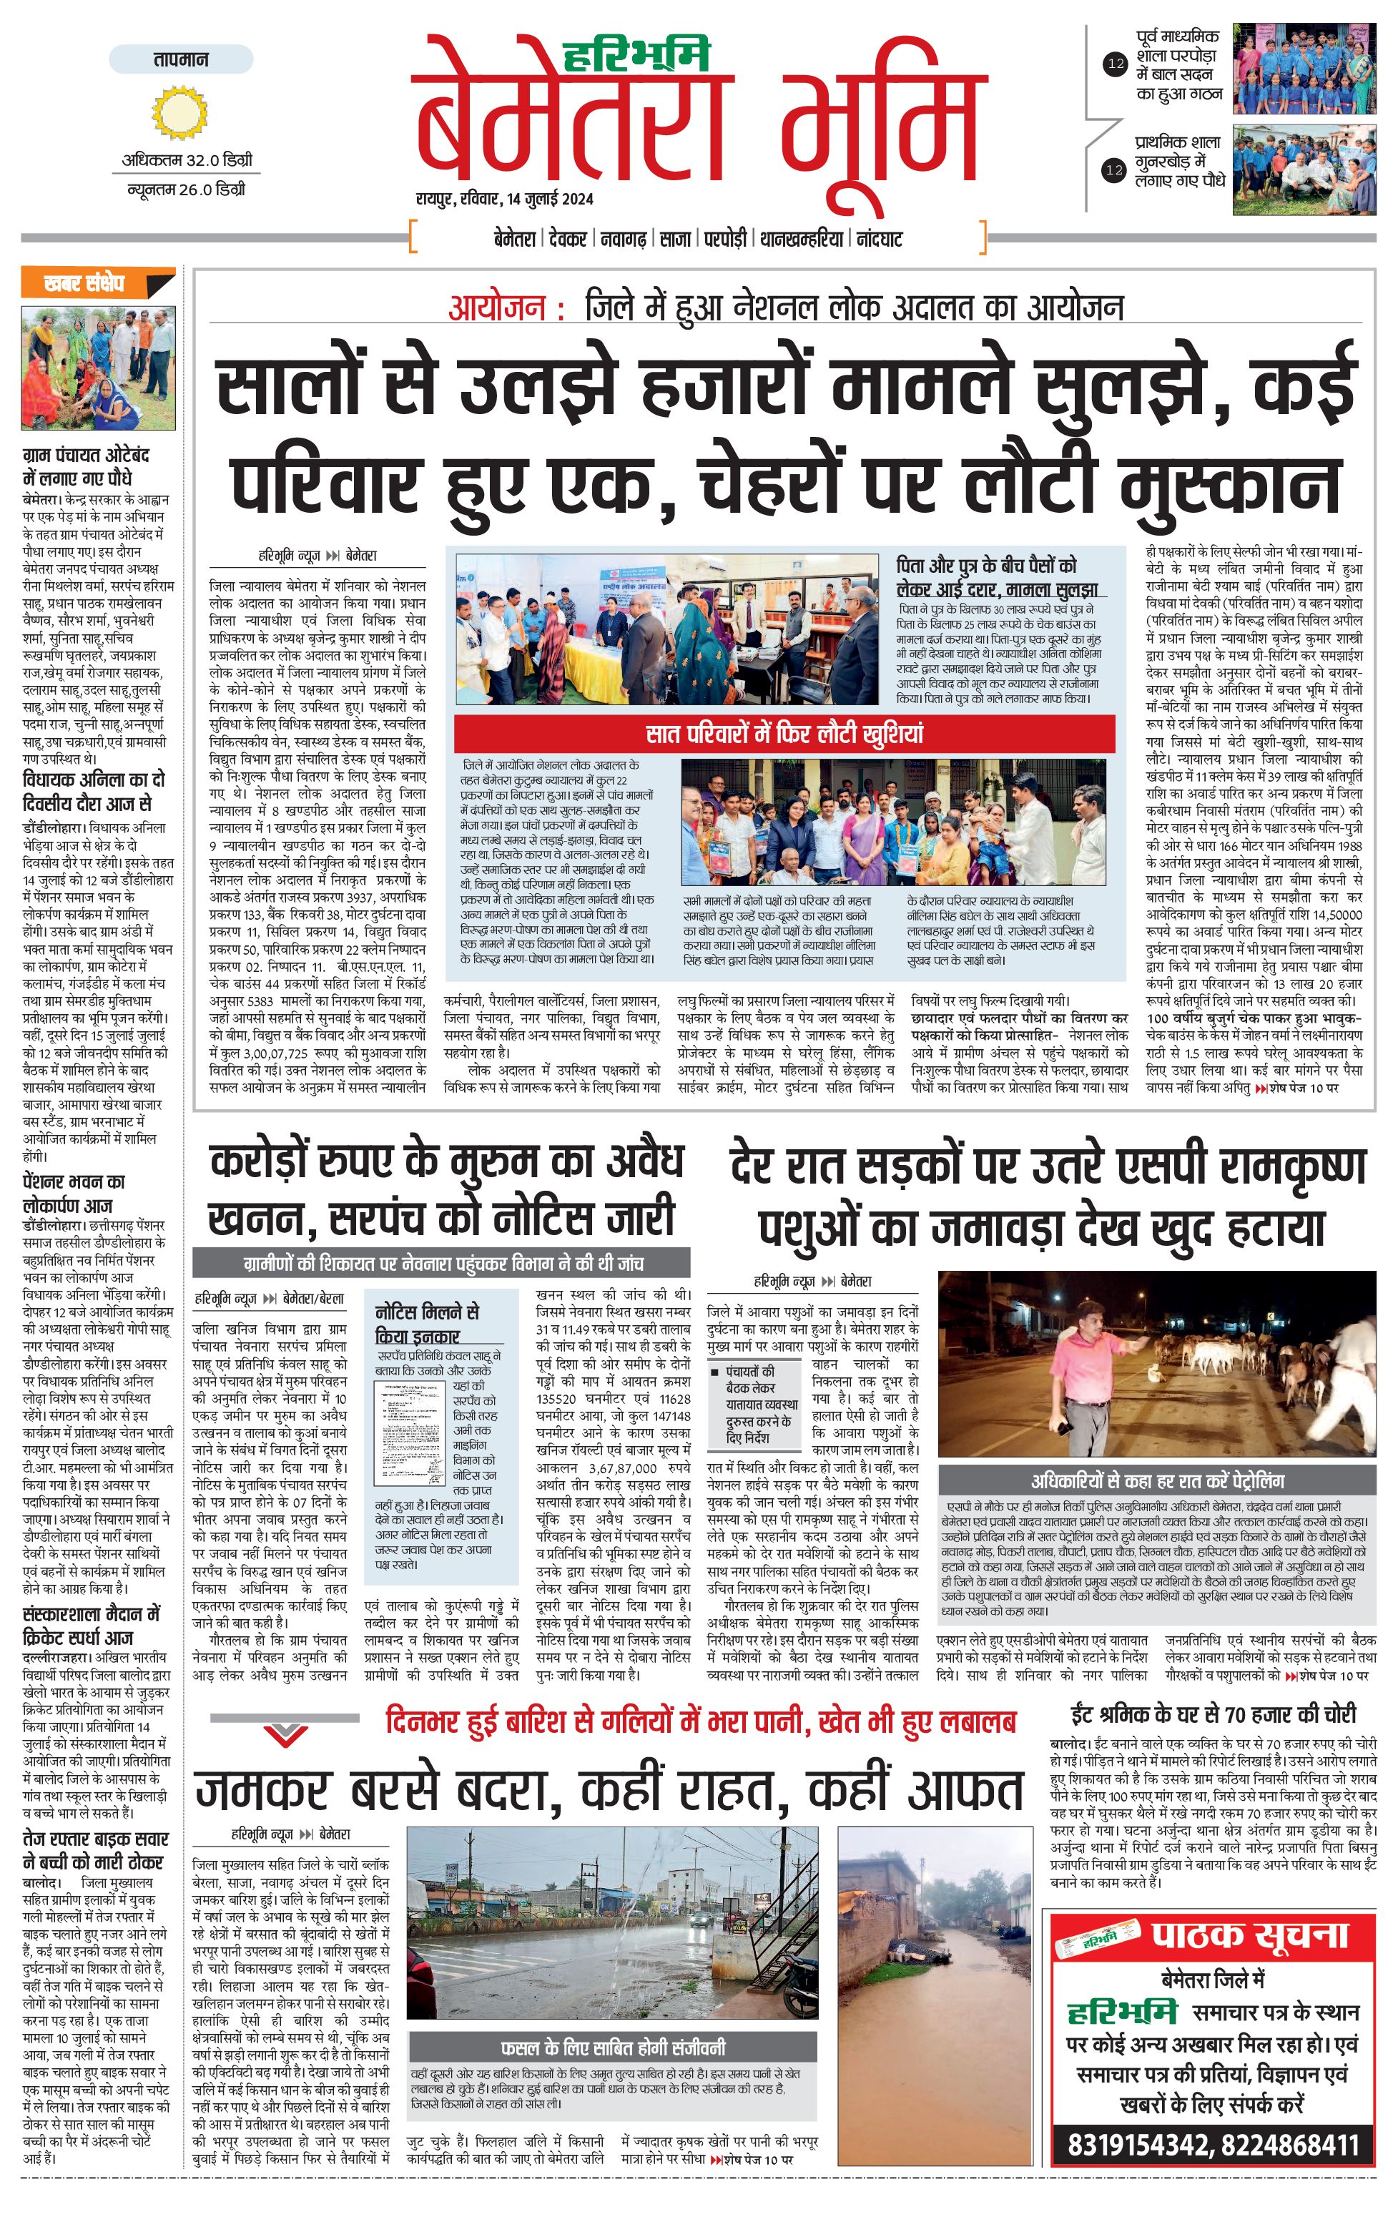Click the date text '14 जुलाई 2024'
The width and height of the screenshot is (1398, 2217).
coord(548,199)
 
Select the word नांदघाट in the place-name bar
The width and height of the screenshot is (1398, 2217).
coord(879,240)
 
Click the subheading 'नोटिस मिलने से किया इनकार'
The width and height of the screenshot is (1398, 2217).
coord(427,1324)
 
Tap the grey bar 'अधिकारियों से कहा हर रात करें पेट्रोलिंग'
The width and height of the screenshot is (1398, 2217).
coord(1157,1481)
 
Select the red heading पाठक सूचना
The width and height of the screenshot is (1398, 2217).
coord(1250,1933)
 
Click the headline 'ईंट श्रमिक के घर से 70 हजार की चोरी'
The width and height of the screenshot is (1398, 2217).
coord(1213,1714)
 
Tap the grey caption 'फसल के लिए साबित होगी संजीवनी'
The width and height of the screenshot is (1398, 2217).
coord(612,2047)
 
